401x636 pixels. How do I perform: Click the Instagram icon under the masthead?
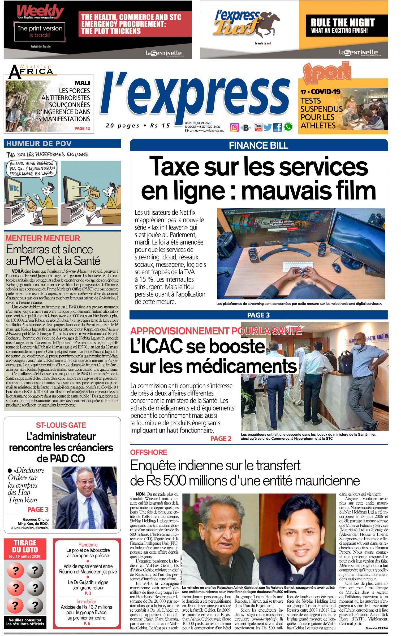[x=235, y=127]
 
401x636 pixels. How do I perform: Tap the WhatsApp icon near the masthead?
[x=288, y=127]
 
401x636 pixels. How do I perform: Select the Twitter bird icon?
[x=268, y=127]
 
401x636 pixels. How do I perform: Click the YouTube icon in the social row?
[x=258, y=127]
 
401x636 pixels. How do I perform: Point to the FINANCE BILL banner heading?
[x=258, y=145]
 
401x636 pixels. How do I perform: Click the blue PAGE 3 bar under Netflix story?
[x=258, y=315]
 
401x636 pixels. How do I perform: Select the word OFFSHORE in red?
[x=149, y=452]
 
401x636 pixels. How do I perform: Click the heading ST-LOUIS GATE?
[x=61, y=425]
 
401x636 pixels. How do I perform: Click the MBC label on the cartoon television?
[x=14, y=189]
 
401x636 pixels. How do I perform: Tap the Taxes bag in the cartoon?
[x=94, y=194]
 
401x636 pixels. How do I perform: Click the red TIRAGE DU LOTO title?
[x=25, y=546]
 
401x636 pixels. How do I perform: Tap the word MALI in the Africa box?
[x=82, y=83]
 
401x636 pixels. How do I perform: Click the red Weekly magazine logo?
[x=40, y=11]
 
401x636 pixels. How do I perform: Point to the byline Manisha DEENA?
[x=377, y=628]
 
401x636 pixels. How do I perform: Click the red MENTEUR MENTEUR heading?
[x=43, y=238]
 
